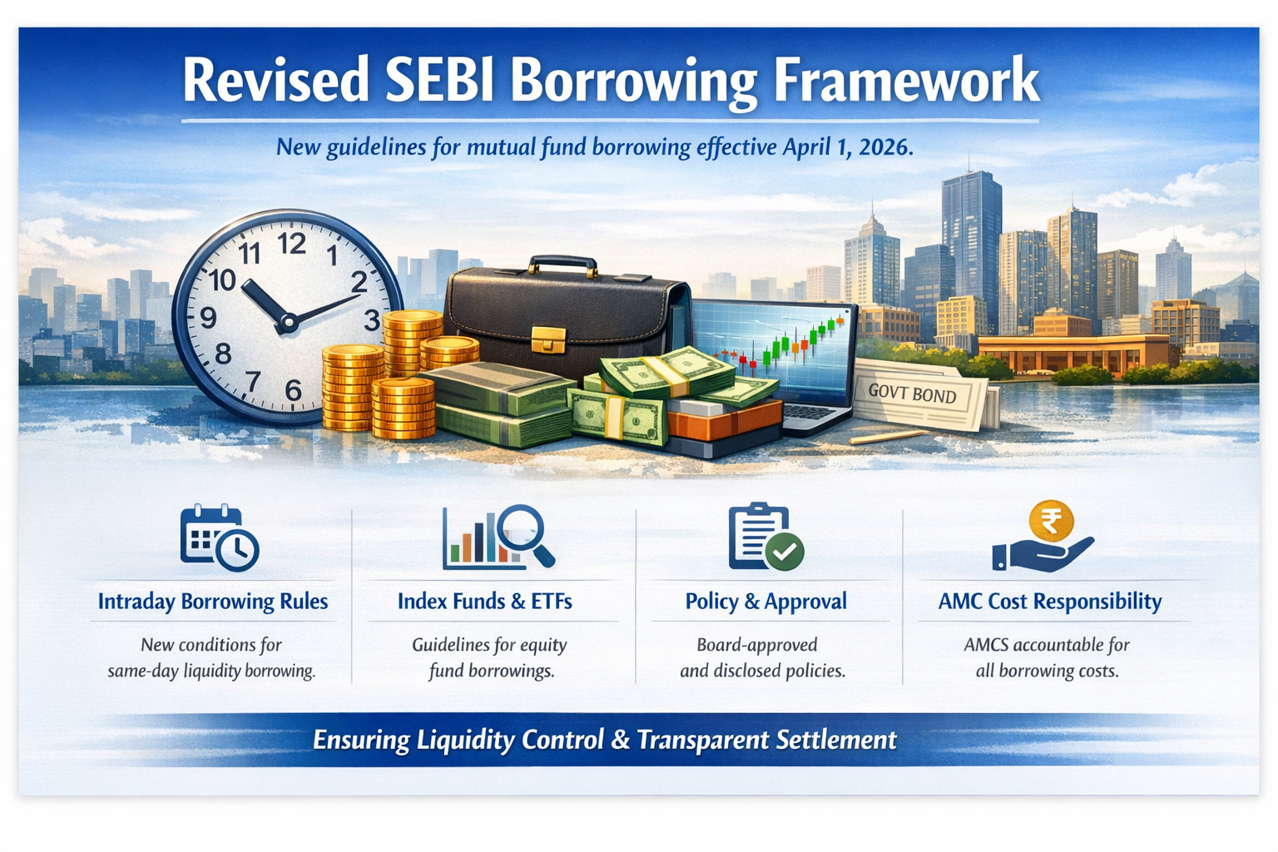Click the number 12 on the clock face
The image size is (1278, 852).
tap(292, 245)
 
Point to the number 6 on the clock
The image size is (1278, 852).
tap(293, 390)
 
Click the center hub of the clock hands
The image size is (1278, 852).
tap(288, 323)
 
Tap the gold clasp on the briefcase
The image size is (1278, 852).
tap(548, 339)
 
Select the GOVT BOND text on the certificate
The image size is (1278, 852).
tap(912, 394)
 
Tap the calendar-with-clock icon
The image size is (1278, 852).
tap(220, 537)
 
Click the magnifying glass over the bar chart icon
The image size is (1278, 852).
tap(524, 533)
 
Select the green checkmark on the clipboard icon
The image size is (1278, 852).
tap(785, 551)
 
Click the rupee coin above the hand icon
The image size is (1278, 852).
tap(1051, 521)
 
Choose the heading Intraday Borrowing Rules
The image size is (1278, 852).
tap(213, 602)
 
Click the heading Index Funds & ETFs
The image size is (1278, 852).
tap(485, 602)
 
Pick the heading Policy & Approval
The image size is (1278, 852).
tap(765, 602)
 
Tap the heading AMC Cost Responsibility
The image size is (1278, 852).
tap(1050, 602)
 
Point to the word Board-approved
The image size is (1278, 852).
tap(757, 645)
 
